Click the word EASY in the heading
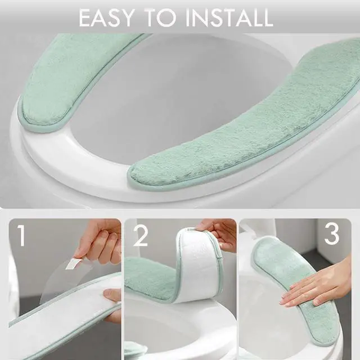(106, 17)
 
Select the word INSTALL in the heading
(229, 17)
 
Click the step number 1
(21, 235)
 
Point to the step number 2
(140, 236)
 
